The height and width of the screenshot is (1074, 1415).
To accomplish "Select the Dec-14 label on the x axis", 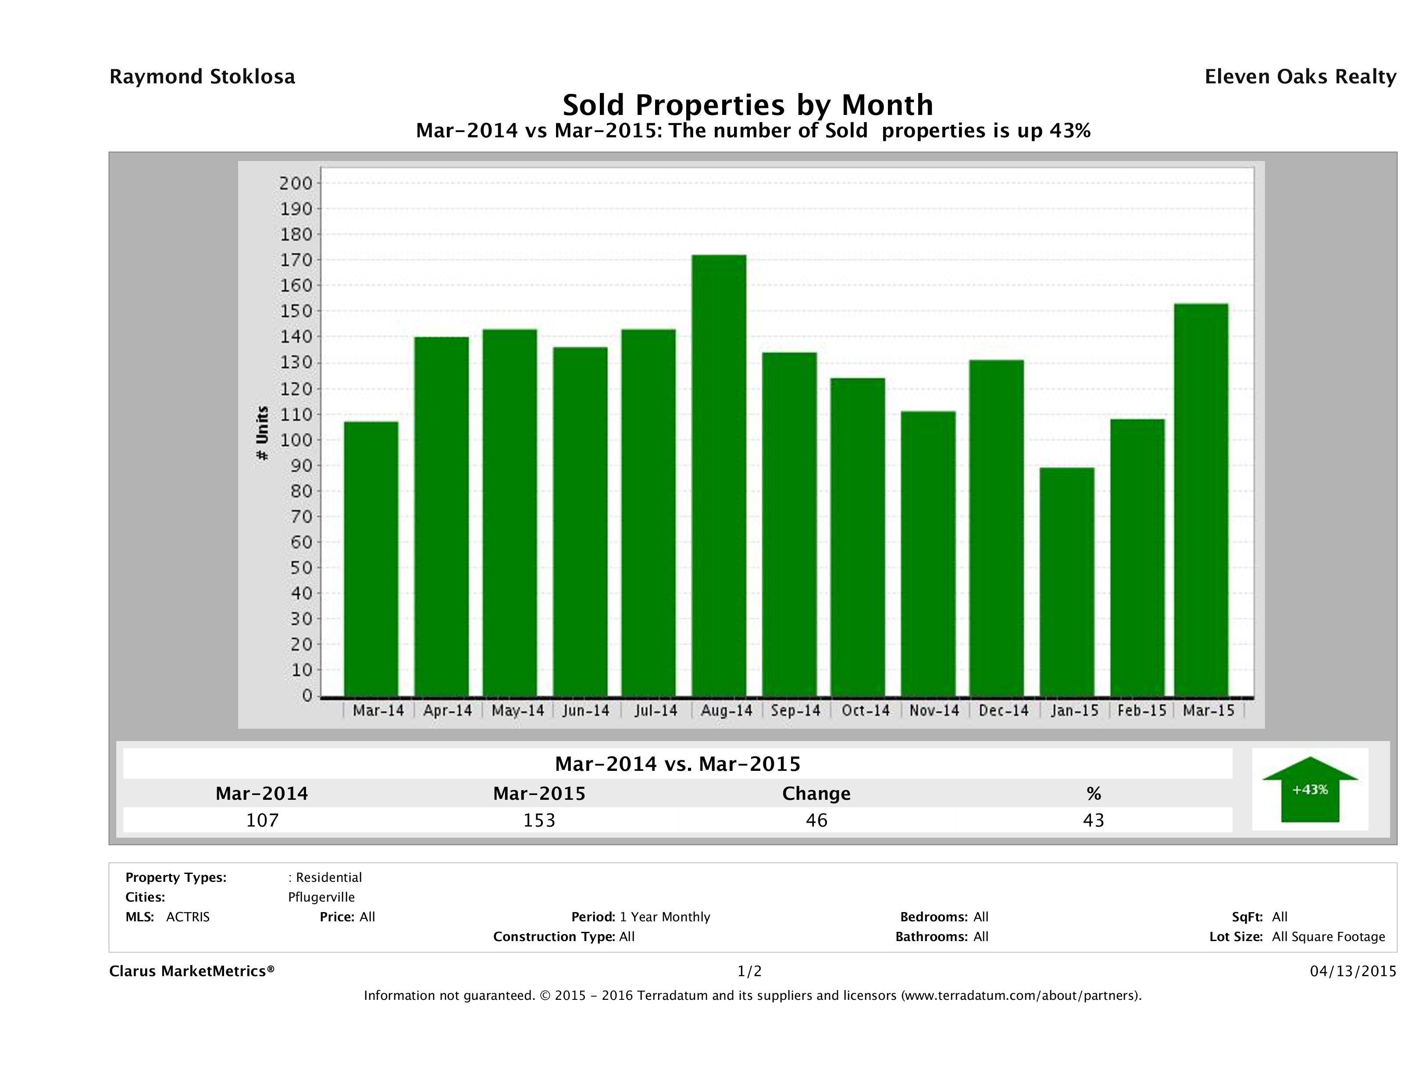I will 1003,710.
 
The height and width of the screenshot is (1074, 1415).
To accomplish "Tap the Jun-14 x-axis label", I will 585,710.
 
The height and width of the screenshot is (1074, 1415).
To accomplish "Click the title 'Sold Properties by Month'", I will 747,105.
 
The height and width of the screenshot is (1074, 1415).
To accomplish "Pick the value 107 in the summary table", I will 262,820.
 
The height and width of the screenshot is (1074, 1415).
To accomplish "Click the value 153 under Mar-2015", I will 539,820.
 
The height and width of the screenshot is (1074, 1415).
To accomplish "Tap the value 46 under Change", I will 816,820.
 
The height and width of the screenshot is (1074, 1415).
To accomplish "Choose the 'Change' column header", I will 816,794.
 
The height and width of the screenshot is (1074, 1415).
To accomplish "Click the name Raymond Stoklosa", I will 202,77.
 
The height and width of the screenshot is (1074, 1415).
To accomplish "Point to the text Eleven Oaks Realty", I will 1300,77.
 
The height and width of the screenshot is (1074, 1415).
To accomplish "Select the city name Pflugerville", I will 321,897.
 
